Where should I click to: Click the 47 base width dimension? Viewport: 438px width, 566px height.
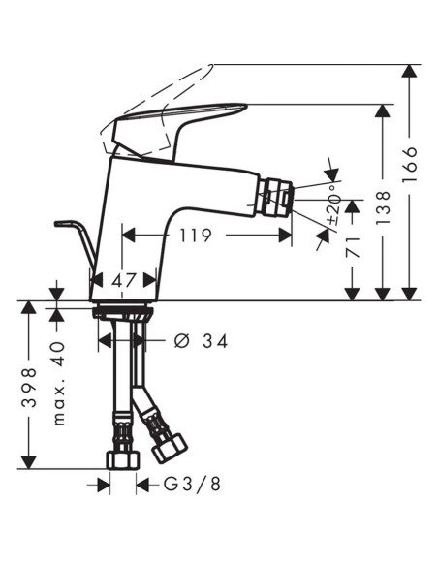click(x=124, y=280)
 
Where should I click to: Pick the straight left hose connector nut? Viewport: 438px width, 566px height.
click(x=122, y=459)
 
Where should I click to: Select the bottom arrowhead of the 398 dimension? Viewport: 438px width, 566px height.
click(x=31, y=460)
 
